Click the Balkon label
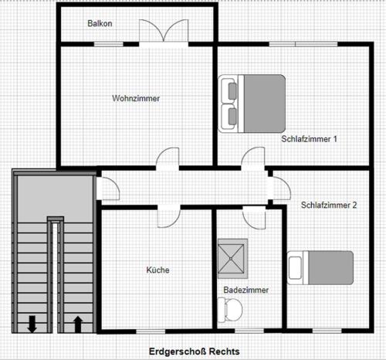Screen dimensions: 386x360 click(100, 23)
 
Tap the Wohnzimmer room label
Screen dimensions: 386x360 click(136, 98)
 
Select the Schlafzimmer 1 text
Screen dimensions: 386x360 click(309, 139)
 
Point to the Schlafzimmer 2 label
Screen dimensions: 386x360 click(329, 205)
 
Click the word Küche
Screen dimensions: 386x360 click(157, 270)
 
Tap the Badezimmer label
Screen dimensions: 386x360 click(246, 290)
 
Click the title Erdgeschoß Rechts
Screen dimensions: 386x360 click(195, 352)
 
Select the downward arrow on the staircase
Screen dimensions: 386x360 click(32, 324)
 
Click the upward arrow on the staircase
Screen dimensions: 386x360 click(78, 324)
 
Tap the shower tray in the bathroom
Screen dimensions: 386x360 click(231, 259)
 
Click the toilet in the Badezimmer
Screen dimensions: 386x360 click(230, 310)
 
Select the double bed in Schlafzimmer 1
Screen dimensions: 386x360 click(252, 104)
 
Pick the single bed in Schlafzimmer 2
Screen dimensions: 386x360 click(320, 268)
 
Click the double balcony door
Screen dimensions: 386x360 click(164, 31)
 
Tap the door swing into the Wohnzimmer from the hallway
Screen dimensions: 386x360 click(168, 158)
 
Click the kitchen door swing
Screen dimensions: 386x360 click(168, 218)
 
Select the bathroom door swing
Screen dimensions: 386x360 click(254, 218)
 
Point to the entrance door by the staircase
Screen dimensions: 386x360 click(108, 188)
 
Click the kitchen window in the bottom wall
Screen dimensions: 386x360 click(151, 331)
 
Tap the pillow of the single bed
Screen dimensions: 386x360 click(295, 268)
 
